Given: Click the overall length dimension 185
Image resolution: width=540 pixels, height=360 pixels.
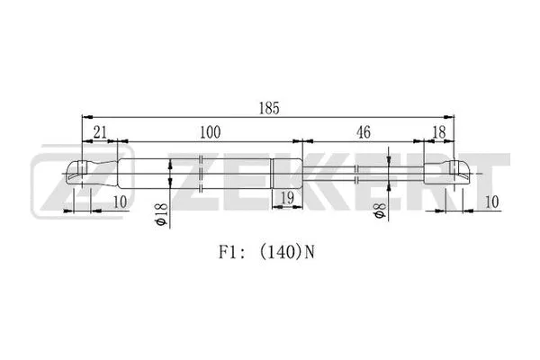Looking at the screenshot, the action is click(269, 108).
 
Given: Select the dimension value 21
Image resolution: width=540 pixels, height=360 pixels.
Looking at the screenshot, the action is click(100, 132).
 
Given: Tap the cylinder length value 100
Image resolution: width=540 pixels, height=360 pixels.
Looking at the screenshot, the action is click(210, 132).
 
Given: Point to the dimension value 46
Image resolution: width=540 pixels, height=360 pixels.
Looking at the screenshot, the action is click(364, 132).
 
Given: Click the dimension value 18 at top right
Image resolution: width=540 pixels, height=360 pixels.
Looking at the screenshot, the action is click(439, 132).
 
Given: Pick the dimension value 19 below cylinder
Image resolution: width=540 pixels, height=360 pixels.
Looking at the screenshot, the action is click(287, 198).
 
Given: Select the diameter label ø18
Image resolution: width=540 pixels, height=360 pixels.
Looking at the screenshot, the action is click(161, 214).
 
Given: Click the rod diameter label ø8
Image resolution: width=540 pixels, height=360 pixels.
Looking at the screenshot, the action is click(379, 211).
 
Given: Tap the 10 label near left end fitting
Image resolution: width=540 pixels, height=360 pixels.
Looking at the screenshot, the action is click(121, 202).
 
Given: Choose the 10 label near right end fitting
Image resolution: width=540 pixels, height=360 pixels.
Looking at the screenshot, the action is click(492, 202).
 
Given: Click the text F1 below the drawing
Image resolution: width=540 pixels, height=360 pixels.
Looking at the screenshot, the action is click(228, 253).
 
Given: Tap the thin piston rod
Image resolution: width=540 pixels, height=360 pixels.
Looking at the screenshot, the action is click(363, 174).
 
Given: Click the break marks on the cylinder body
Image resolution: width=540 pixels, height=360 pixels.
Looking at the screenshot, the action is click(202, 174).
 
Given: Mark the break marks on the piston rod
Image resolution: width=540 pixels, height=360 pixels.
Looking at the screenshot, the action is click(357, 174).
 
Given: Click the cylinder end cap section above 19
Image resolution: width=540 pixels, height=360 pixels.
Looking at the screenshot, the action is click(287, 174).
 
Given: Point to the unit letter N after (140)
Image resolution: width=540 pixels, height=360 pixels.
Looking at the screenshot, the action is click(310, 253).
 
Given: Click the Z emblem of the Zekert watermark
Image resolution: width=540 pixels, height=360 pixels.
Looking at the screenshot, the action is click(82, 181).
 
